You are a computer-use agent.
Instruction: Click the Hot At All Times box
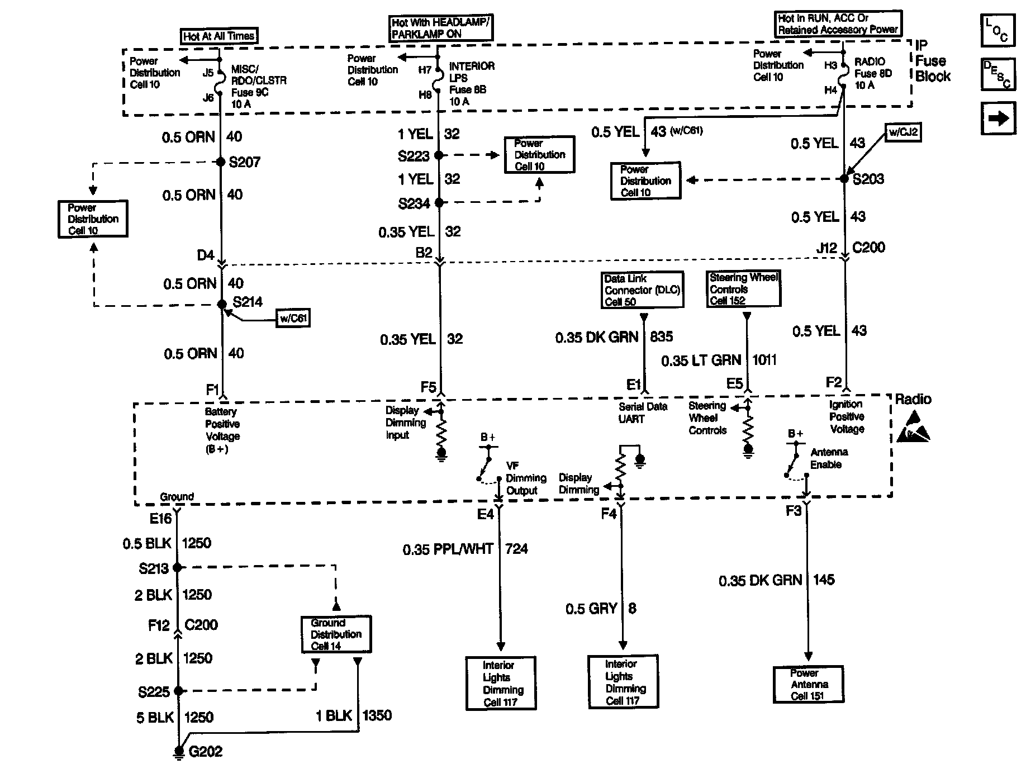click(218, 36)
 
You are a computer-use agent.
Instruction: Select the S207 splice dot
click(221, 162)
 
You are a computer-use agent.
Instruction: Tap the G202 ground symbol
click(179, 753)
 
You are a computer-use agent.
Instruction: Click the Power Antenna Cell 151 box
click(809, 685)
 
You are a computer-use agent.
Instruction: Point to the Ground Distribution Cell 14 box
click(336, 634)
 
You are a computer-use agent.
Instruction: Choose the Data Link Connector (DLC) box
click(643, 290)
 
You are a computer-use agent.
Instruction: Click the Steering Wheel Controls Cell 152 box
click(744, 289)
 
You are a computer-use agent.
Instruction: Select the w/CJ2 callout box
click(903, 133)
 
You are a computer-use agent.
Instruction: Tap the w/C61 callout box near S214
click(293, 319)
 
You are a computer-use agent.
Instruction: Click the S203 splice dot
click(844, 179)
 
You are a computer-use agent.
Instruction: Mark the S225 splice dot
click(178, 691)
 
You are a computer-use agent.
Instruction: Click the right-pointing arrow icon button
click(997, 119)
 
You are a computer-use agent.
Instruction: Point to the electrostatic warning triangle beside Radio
click(914, 428)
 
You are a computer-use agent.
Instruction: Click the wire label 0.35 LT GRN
click(701, 360)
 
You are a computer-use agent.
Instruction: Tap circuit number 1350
click(377, 715)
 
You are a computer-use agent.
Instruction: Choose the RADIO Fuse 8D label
click(873, 73)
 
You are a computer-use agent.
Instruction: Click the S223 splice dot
click(439, 155)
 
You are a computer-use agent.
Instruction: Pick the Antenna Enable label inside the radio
click(829, 458)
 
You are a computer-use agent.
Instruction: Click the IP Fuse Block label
click(932, 61)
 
